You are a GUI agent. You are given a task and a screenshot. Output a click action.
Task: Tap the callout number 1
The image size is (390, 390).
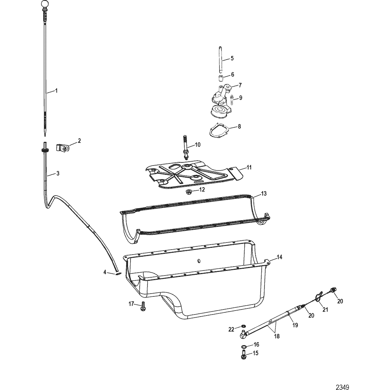(x=56, y=91)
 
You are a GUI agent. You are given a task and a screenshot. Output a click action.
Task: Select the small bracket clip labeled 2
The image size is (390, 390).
(x=63, y=148)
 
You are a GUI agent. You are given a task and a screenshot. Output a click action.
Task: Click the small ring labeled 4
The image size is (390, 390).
(x=118, y=274)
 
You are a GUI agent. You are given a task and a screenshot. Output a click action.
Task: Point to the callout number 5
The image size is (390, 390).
(x=232, y=58)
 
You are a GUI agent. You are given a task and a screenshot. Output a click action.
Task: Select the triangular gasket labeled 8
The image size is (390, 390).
(x=219, y=130)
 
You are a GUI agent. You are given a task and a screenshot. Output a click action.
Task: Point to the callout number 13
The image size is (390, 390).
(x=264, y=194)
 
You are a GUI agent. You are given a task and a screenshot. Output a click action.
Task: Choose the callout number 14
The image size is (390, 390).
(x=280, y=257)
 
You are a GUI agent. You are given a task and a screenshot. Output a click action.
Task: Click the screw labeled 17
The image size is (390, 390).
(x=143, y=306)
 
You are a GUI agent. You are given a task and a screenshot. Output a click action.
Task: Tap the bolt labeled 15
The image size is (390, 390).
(x=244, y=354)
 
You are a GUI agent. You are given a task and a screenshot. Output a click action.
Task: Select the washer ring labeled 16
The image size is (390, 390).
(x=244, y=347)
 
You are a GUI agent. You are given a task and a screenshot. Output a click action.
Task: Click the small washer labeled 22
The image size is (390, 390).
(x=244, y=326)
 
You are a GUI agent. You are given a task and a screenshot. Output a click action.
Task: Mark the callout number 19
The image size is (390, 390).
(x=295, y=325)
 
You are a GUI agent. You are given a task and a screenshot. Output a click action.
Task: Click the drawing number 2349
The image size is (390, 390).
(x=342, y=387)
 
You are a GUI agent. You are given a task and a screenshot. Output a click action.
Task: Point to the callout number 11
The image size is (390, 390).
(x=249, y=168)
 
